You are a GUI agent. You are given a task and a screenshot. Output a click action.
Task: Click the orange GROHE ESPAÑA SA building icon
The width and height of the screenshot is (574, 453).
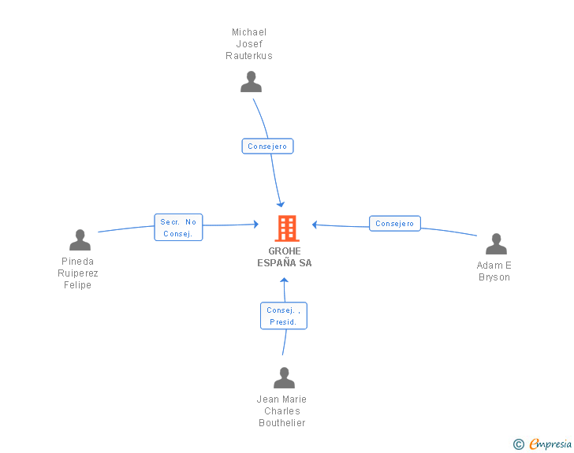pyautogui.click(x=287, y=228)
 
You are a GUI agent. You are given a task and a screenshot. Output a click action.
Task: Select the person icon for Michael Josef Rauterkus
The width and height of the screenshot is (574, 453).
pyautogui.click(x=251, y=82)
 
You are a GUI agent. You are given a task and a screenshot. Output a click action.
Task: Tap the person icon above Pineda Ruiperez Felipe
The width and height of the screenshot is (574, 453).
pyautogui.click(x=80, y=239)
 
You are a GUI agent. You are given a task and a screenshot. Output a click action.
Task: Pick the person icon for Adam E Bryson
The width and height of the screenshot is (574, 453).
pyautogui.click(x=496, y=243)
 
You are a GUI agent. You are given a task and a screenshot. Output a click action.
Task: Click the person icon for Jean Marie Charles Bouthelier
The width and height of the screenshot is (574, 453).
pyautogui.click(x=284, y=377)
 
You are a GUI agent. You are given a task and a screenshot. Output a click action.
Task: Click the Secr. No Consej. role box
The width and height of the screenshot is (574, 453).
pyautogui.click(x=178, y=227)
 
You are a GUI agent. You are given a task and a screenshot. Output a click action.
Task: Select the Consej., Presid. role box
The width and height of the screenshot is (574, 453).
pyautogui.click(x=284, y=316)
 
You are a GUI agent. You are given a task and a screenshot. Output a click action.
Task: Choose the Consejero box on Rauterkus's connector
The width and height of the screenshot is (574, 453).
pyautogui.click(x=267, y=146)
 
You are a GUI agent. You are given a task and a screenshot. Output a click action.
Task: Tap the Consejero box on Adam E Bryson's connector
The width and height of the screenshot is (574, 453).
pyautogui.click(x=394, y=223)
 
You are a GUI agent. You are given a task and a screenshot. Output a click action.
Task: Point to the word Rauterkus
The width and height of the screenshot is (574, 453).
pyautogui.click(x=249, y=56)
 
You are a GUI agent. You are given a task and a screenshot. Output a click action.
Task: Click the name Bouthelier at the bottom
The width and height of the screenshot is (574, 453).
pyautogui.click(x=282, y=422)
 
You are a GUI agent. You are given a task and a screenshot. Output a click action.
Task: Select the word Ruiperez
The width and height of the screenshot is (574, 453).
pyautogui.click(x=78, y=273)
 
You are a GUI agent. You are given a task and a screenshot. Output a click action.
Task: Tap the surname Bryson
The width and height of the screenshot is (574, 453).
pyautogui.click(x=494, y=277)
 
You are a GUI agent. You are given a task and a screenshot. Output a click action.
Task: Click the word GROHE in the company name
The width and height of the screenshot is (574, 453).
pyautogui.click(x=285, y=251)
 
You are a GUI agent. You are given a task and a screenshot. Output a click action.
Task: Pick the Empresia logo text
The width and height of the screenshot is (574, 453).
pyautogui.click(x=550, y=444)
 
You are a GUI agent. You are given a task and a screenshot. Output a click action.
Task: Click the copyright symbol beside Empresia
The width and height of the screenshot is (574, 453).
pyautogui.click(x=519, y=444)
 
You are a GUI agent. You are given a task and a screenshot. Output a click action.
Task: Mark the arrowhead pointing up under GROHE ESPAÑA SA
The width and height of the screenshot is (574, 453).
pyautogui.click(x=284, y=280)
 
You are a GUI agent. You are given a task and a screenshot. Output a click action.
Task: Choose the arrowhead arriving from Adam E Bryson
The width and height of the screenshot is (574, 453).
pyautogui.click(x=315, y=225)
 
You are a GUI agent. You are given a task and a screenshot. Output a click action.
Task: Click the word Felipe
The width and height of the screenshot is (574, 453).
pyautogui.click(x=77, y=285)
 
